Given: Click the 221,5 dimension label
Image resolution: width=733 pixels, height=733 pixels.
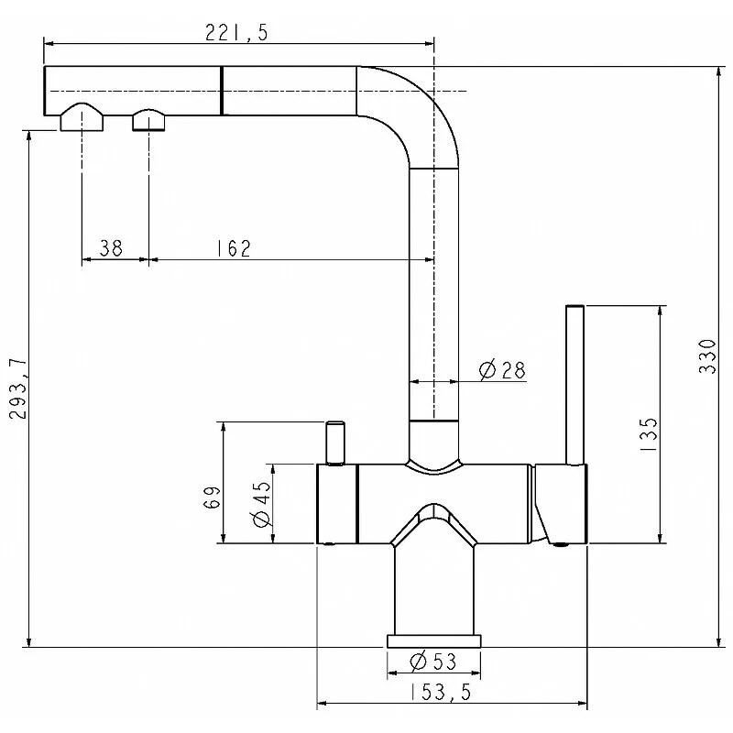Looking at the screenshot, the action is coord(236,33).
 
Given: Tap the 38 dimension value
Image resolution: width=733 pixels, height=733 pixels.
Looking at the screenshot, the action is coord(111,247).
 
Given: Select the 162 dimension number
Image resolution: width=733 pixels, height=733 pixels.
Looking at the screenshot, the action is coord(234,248).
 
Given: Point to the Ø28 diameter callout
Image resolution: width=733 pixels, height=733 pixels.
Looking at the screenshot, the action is coord(502,370).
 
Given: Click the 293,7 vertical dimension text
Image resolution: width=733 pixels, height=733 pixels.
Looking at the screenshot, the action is coord(18,388).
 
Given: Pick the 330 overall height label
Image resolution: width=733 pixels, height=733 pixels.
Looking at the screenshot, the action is coord(707,356).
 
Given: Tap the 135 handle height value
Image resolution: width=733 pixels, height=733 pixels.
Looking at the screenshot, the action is coord(649,434).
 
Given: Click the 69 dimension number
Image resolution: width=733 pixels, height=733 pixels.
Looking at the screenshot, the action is coord(212,498).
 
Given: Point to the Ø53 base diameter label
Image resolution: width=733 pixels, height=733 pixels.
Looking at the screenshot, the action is coord(432,662).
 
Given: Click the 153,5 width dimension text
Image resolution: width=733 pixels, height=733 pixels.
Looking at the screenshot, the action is coord(440,692).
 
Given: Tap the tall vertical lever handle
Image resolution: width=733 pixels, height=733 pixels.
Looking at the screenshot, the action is coord(574,385).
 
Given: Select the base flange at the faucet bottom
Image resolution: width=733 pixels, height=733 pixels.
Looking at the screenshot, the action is coord(433,640).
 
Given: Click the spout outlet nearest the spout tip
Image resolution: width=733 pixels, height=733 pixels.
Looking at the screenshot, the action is coord(82,117).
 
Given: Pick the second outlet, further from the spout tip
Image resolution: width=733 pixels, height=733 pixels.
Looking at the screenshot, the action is coord(148,120).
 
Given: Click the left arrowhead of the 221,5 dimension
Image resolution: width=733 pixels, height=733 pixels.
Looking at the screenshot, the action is coord(49,43).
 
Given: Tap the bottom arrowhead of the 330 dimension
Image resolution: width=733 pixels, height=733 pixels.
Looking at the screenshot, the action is coord(718,641).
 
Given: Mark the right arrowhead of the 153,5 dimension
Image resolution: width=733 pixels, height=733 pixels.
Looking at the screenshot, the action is coord(581,703).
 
